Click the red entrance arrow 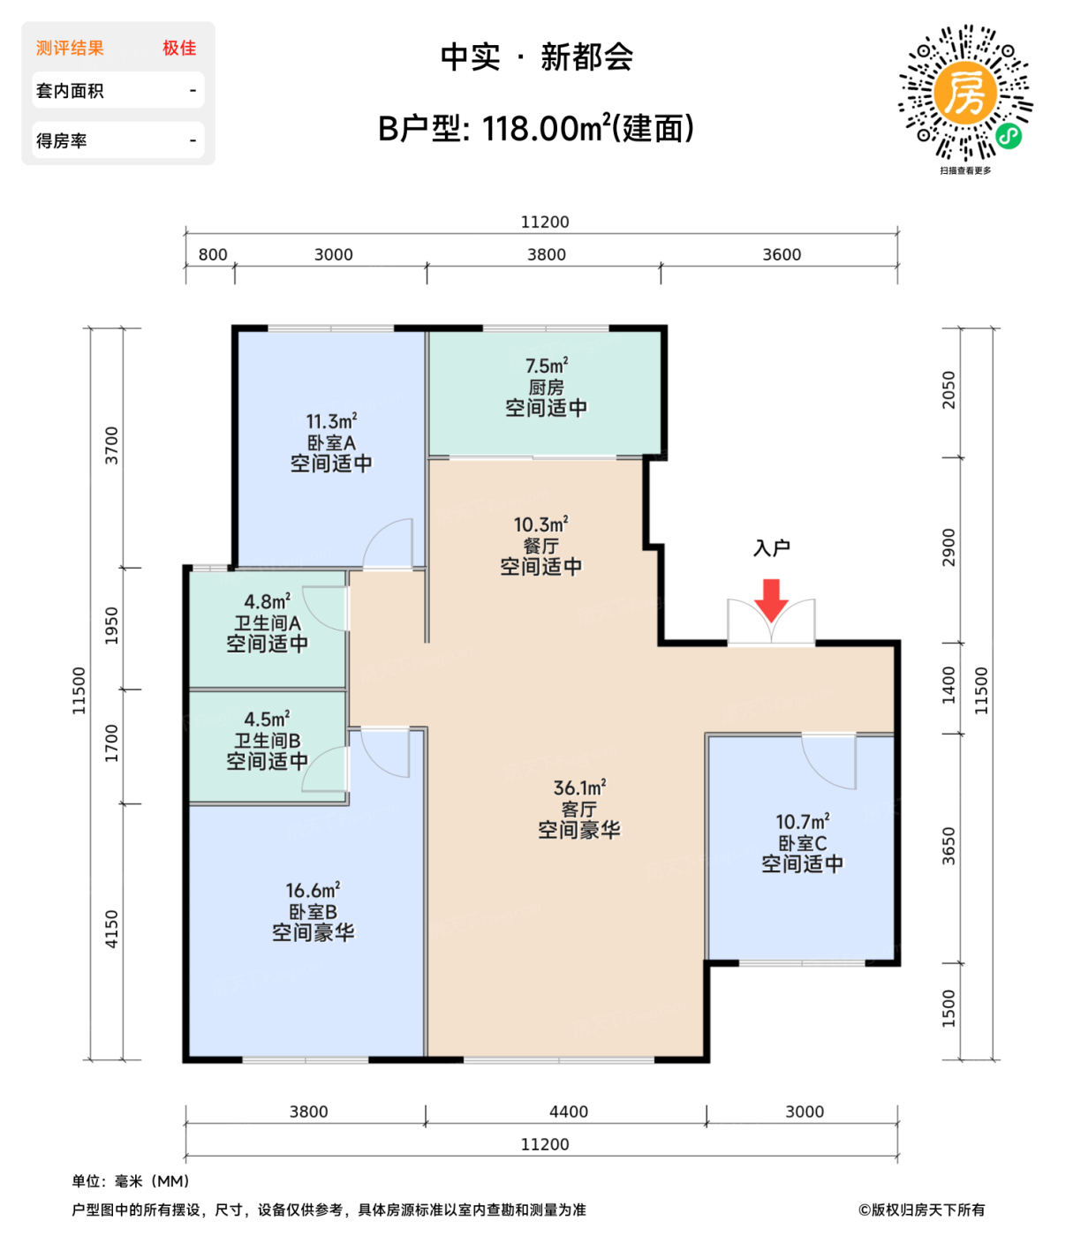pyautogui.click(x=771, y=599)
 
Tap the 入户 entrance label pyautogui.click(x=771, y=548)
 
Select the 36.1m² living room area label pyautogui.click(x=579, y=788)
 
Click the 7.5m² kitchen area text pyautogui.click(x=546, y=366)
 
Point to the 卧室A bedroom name pyautogui.click(x=331, y=443)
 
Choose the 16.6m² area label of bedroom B pyautogui.click(x=313, y=891)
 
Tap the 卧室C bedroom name pyautogui.click(x=802, y=843)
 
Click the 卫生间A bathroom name pyautogui.click(x=267, y=623)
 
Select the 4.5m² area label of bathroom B pyautogui.click(x=267, y=720)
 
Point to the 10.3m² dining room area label pyautogui.click(x=540, y=524)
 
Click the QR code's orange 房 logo pyautogui.click(x=964, y=93)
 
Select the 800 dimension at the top pyautogui.click(x=213, y=255)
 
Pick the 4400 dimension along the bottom pyautogui.click(x=568, y=1112)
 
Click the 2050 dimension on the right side pyautogui.click(x=948, y=389)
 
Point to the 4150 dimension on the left pyautogui.click(x=111, y=929)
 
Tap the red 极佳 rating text pyautogui.click(x=179, y=49)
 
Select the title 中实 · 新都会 pyautogui.click(x=537, y=58)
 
